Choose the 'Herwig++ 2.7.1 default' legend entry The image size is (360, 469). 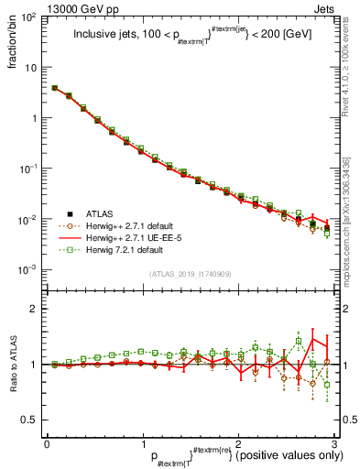point(134,225)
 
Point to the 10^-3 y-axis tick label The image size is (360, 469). point(29,270)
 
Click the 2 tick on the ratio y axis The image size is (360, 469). point(33,309)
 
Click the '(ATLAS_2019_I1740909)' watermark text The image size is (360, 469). point(191,275)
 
